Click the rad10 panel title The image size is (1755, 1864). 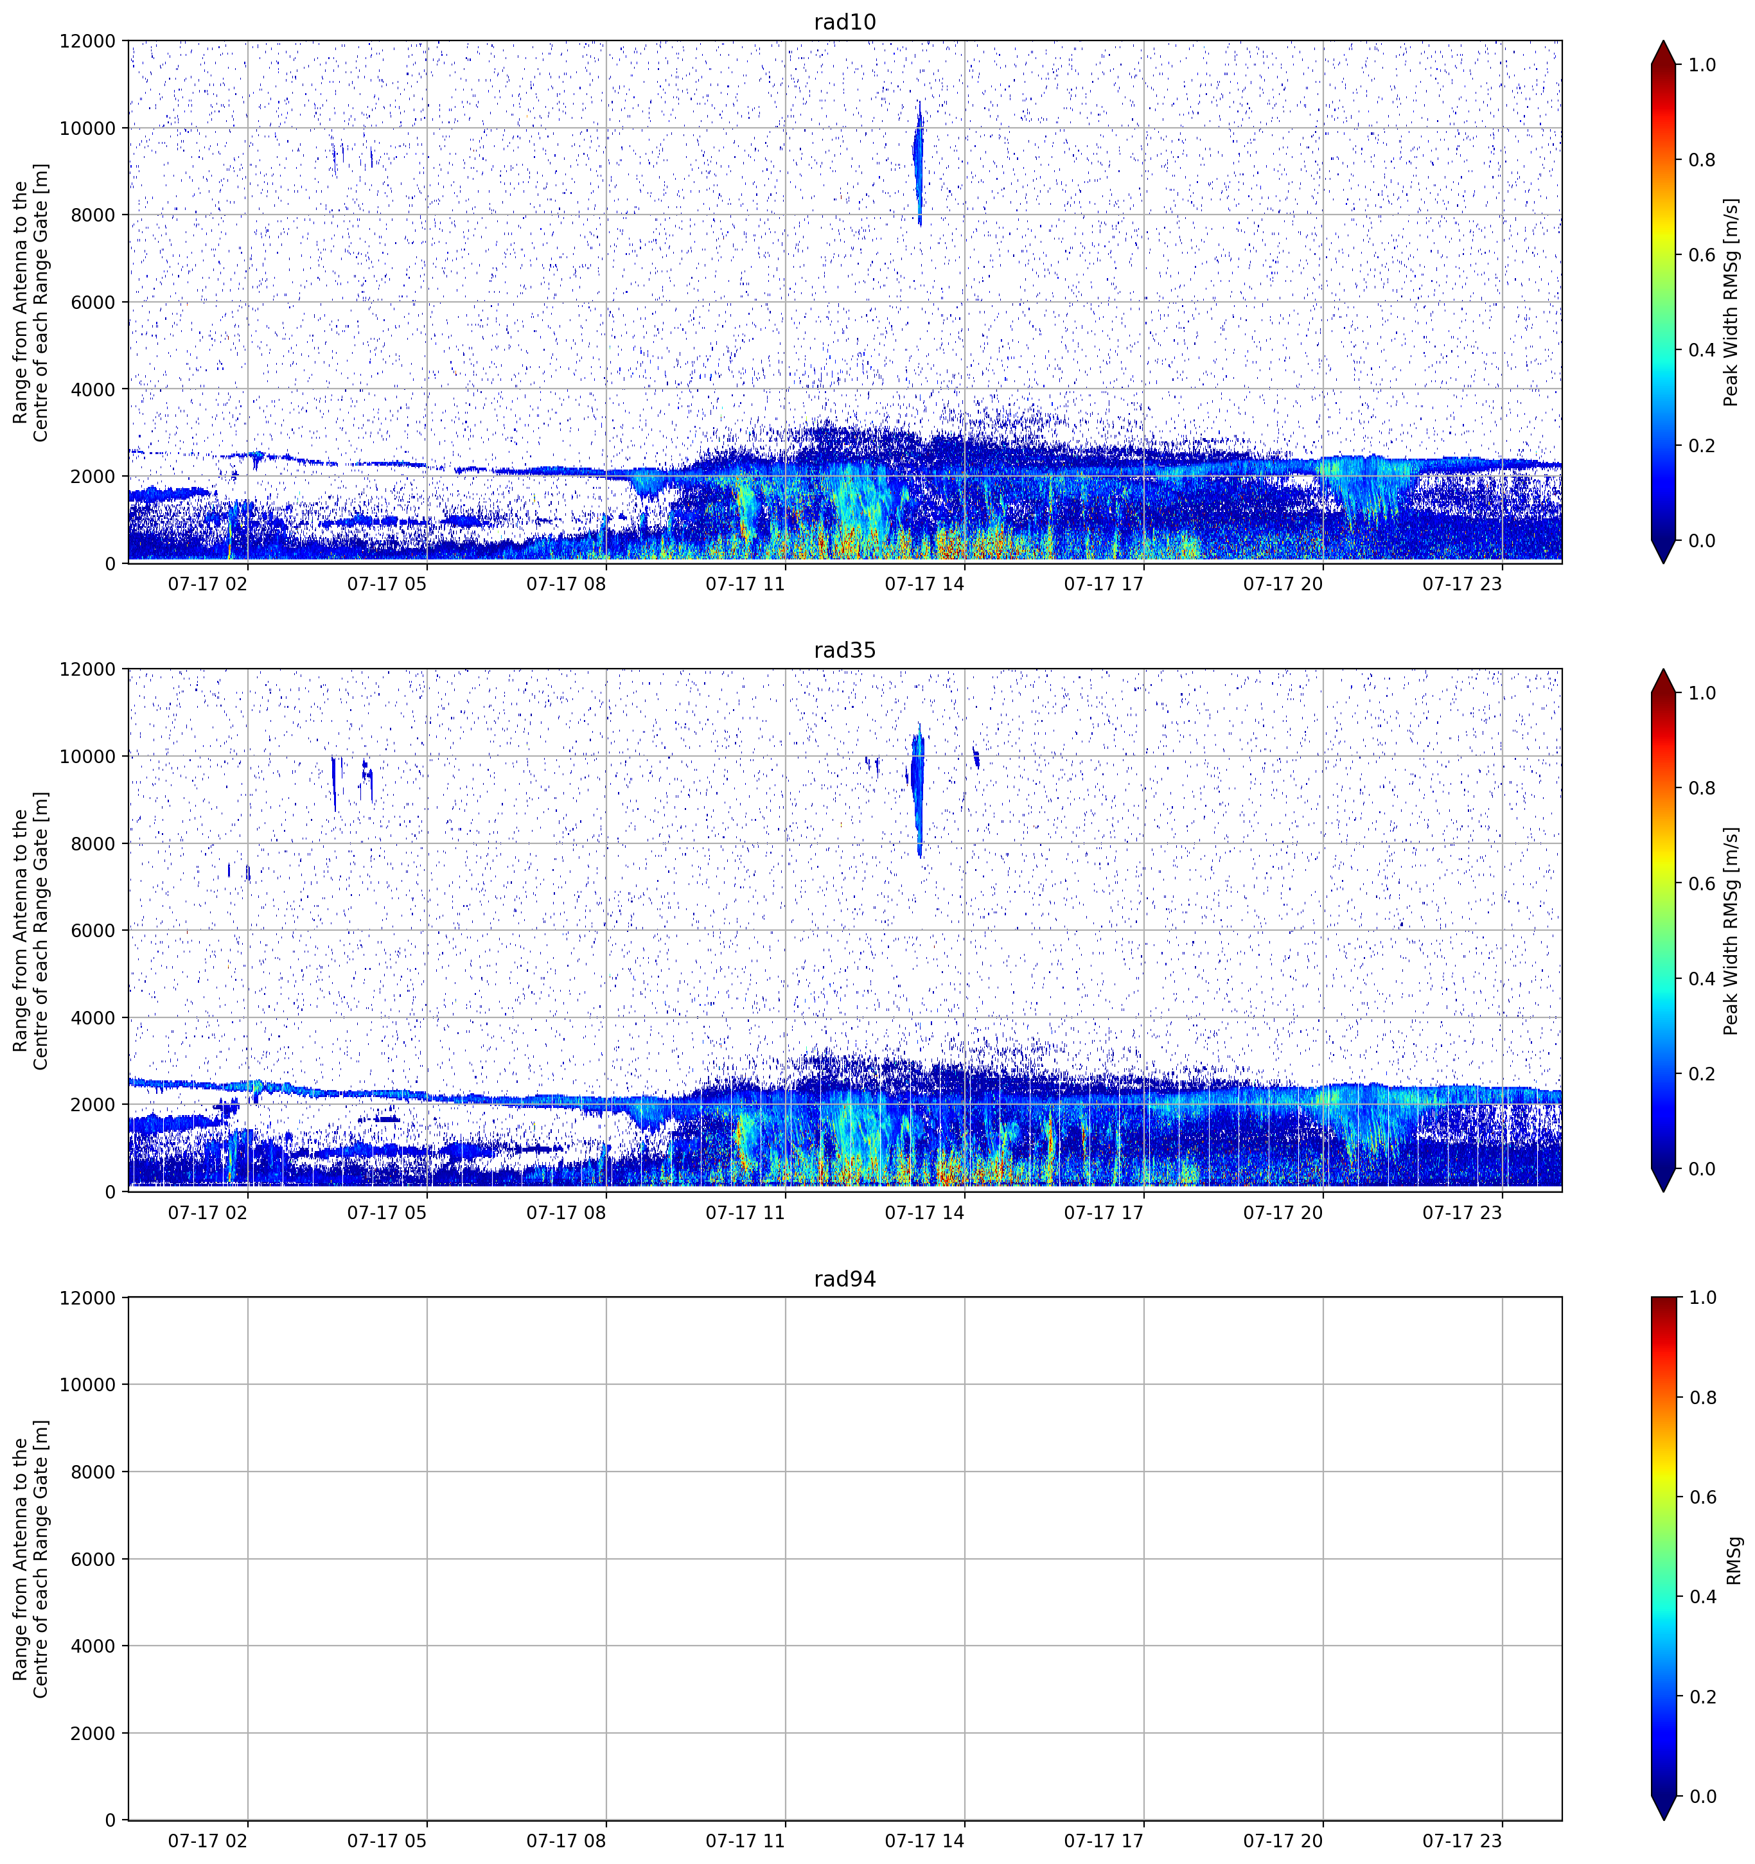tap(845, 22)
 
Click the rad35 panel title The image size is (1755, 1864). tap(845, 651)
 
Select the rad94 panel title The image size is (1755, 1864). tap(845, 1279)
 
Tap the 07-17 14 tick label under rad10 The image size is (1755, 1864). tap(924, 584)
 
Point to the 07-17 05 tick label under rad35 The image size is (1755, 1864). tap(387, 1212)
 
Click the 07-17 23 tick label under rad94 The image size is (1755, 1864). tap(1463, 1841)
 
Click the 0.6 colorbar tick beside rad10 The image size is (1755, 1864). tap(1702, 255)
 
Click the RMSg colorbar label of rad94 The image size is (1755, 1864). tap(1733, 1560)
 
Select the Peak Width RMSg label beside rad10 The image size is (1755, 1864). tap(1731, 302)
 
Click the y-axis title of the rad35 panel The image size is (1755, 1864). tap(31, 930)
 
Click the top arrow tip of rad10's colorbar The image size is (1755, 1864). tap(1663, 41)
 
